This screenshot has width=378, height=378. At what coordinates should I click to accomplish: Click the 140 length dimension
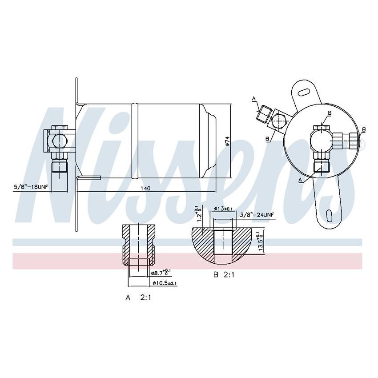tap(145, 188)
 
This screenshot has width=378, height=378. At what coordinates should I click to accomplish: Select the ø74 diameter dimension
tap(227, 141)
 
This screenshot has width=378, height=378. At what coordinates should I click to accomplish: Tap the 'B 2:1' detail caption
tap(224, 275)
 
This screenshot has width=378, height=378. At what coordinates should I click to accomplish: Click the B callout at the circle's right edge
tap(363, 130)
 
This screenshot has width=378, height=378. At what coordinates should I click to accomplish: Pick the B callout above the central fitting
tap(330, 113)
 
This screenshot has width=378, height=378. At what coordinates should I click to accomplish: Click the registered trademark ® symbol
tap(361, 145)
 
